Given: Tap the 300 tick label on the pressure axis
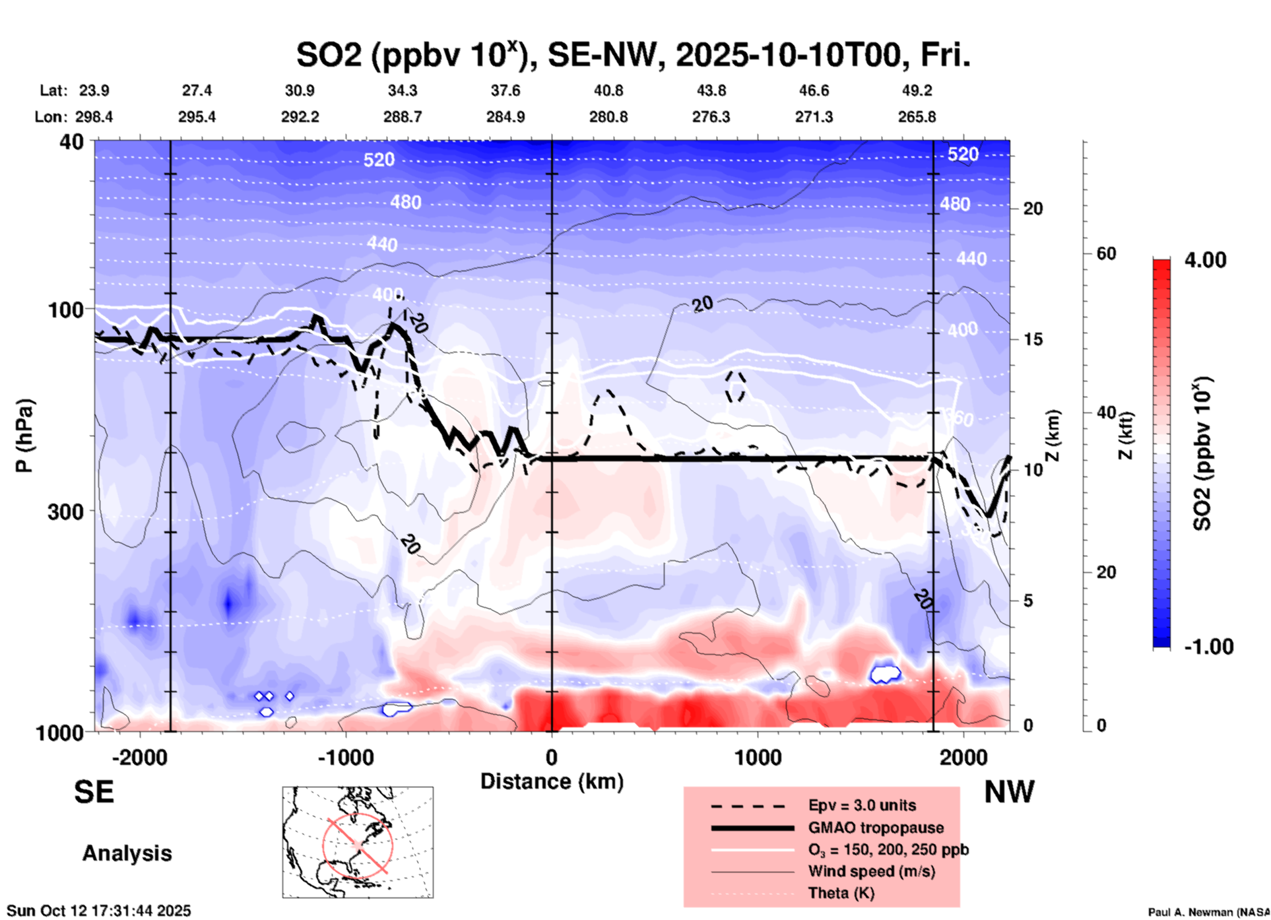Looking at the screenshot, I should (x=66, y=511).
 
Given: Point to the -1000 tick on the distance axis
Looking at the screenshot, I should (x=345, y=758).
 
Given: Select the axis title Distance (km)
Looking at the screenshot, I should (x=552, y=781).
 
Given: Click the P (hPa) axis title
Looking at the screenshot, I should (x=24, y=436).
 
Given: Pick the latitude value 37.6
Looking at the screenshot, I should (x=505, y=90).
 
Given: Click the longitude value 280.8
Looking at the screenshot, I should (x=608, y=117).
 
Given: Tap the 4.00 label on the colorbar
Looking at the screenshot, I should (x=1205, y=260).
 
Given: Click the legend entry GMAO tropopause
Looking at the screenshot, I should (x=876, y=828).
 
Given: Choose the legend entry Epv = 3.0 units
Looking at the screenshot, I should (x=862, y=805).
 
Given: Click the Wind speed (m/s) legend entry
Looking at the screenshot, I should (x=871, y=871).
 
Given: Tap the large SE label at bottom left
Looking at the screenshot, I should (x=94, y=792).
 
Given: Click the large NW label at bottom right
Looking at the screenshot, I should (x=1009, y=792).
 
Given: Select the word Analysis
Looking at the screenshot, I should (x=127, y=853).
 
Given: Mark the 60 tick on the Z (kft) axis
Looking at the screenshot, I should (x=1105, y=253).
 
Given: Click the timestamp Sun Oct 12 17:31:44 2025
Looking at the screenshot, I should (x=99, y=911).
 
